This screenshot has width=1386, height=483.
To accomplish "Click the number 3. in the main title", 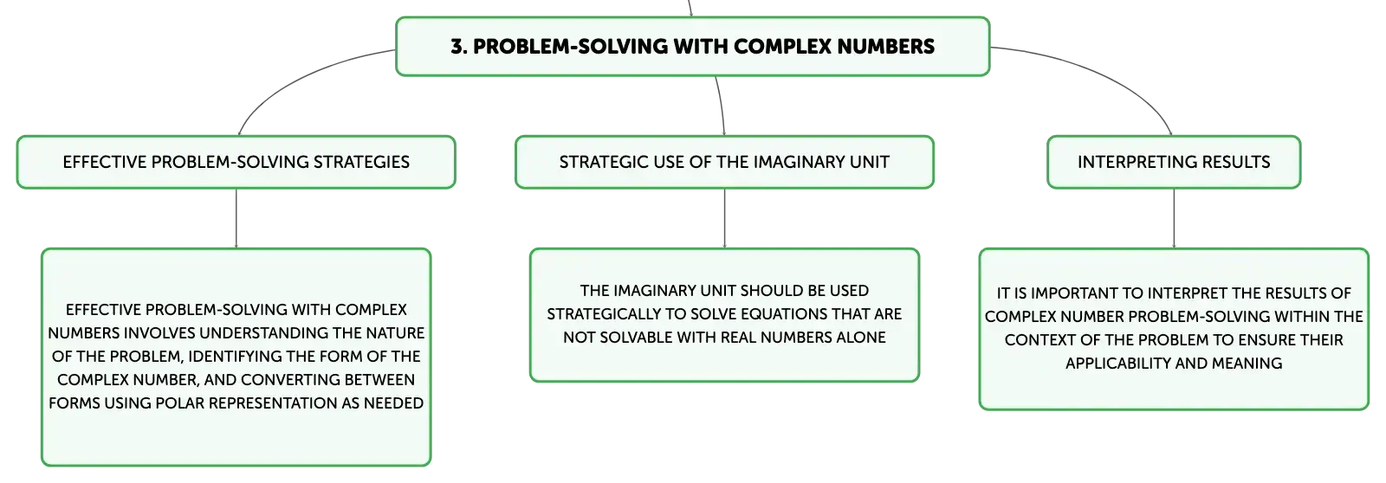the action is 458,47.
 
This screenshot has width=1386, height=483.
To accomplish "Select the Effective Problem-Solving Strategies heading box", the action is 236,162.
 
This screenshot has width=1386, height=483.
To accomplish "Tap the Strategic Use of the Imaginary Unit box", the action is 724,162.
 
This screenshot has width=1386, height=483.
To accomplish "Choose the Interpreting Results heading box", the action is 1174,162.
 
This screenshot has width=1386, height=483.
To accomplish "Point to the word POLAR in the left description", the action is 177,403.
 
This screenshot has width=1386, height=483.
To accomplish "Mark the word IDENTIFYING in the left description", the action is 236,357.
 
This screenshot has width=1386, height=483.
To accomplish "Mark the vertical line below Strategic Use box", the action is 724,218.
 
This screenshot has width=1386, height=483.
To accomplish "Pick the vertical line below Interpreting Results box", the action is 1174,218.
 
